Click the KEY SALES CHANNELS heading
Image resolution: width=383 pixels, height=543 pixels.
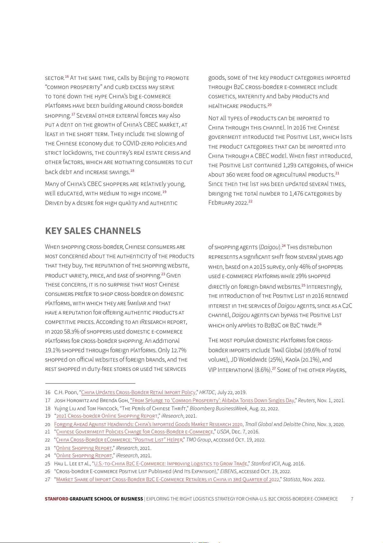point(93,231)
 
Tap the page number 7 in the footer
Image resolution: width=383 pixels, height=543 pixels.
point(352,499)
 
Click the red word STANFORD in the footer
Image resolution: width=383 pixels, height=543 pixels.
point(57,499)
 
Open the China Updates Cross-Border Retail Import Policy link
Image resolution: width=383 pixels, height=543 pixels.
point(138,393)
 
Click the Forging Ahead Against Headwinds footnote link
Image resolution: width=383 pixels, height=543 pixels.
point(148,424)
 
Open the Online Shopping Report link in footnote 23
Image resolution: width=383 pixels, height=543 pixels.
point(84,448)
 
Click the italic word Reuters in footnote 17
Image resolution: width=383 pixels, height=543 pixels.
point(306,401)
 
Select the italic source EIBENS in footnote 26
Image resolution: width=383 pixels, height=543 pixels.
point(228,471)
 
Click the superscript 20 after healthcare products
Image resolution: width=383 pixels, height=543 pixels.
point(269,105)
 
